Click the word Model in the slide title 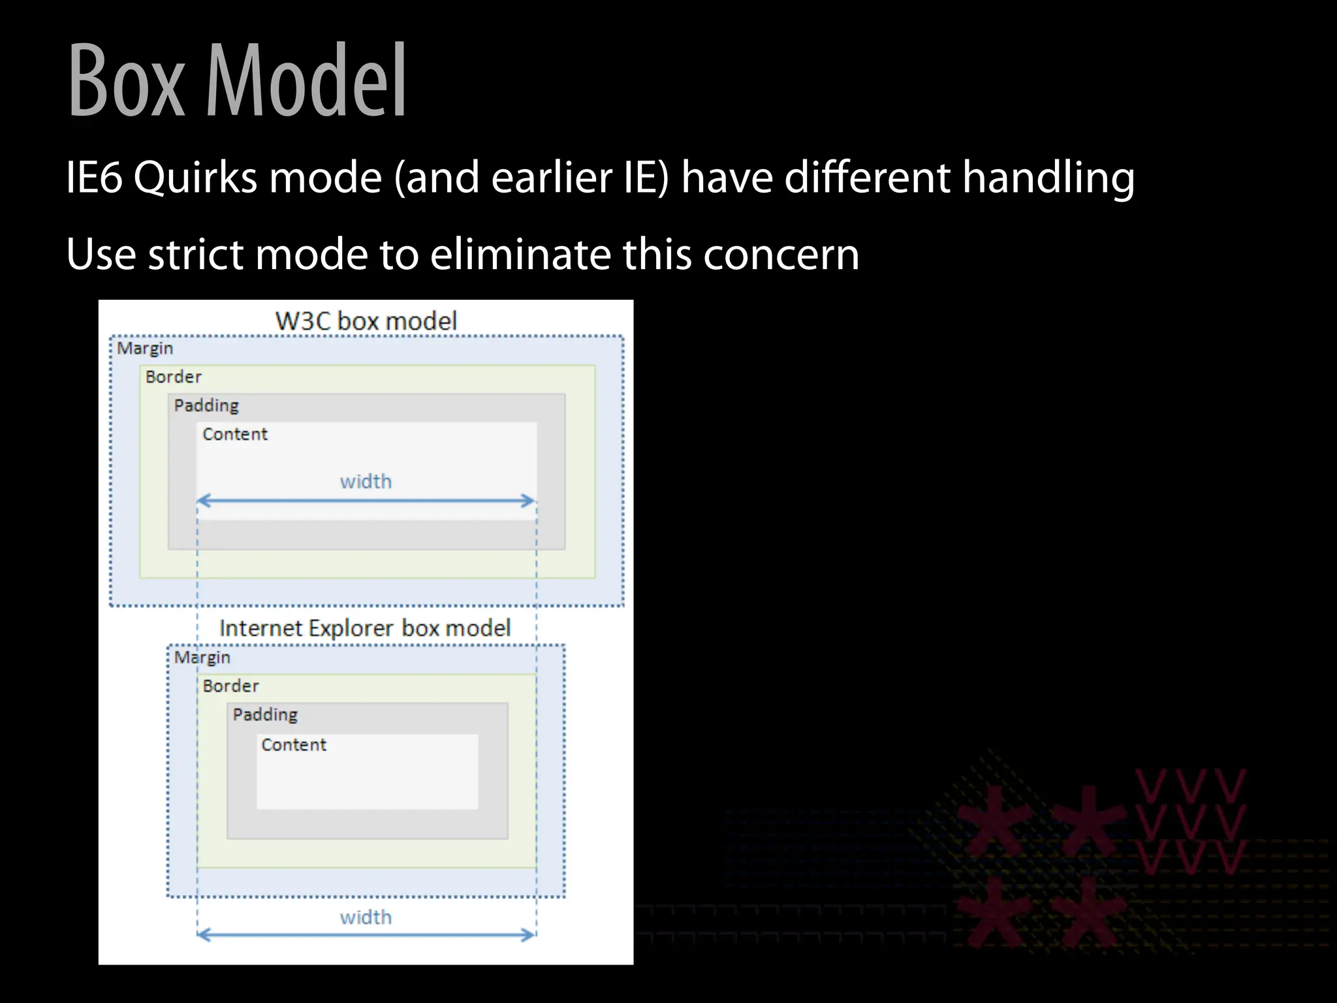coord(307,82)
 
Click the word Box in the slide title coord(127,82)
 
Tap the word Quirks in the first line coord(195,177)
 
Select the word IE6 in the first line coord(94,177)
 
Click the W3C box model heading coord(366,321)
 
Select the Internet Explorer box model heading coord(365,628)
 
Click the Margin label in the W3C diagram coord(145,349)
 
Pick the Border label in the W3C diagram coord(174,377)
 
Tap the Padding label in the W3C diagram coord(206,406)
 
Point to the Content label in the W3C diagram coord(235,434)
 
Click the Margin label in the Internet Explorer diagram coord(202,658)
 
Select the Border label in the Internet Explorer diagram coord(230,686)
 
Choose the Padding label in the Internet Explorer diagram coord(265,714)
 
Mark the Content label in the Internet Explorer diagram coord(294,744)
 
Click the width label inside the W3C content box coord(366,481)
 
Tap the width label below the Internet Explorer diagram coord(366,917)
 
